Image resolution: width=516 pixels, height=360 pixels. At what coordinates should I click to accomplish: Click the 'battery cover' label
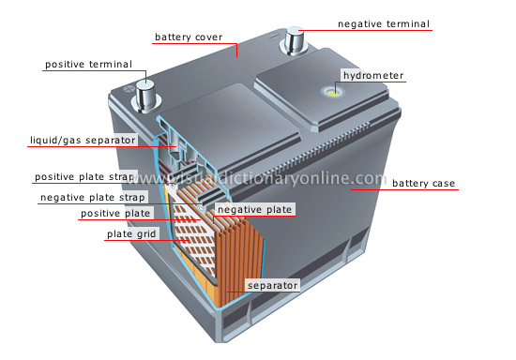pyautogui.click(x=189, y=37)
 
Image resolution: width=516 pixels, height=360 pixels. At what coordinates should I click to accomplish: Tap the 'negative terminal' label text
pyautogui.click(x=383, y=23)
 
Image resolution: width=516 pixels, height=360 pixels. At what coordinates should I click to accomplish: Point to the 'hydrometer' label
pyautogui.click(x=372, y=75)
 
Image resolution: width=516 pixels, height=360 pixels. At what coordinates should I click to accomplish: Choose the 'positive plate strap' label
pyautogui.click(x=85, y=176)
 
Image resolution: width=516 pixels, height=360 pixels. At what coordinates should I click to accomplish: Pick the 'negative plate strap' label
pyautogui.click(x=92, y=198)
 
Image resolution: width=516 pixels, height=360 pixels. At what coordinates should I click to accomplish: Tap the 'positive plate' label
pyautogui.click(x=116, y=214)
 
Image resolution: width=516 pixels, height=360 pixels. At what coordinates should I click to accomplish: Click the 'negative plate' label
pyautogui.click(x=254, y=209)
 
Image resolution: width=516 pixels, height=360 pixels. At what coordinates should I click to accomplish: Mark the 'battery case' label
pyautogui.click(x=423, y=183)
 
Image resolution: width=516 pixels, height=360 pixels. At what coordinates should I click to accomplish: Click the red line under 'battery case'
pyautogui.click(x=403, y=190)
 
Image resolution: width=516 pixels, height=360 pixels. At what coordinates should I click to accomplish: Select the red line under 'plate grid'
pyautogui.click(x=141, y=241)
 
